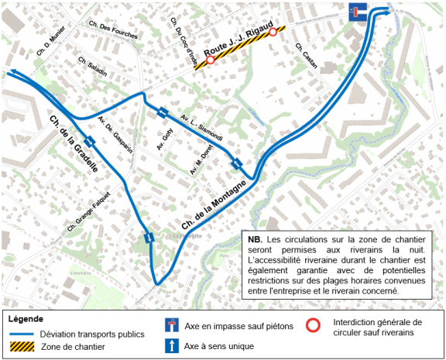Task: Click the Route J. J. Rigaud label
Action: coord(240,43)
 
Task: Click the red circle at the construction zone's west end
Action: coord(210,60)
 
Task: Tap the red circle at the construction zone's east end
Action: coord(273,32)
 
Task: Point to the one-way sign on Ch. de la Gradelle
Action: coord(91,141)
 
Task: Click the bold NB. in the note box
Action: coord(256,238)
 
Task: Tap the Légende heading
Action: coord(27,317)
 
